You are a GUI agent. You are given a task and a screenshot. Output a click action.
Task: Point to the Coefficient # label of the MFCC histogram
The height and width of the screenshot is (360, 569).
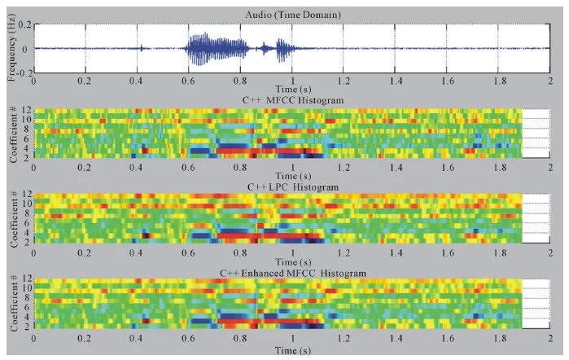pyautogui.click(x=12, y=134)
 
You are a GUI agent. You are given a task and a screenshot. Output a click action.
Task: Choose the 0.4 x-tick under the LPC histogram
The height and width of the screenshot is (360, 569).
pyautogui.click(x=138, y=252)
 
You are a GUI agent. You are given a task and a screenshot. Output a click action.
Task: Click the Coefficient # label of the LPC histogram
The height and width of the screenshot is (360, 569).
pyautogui.click(x=12, y=219)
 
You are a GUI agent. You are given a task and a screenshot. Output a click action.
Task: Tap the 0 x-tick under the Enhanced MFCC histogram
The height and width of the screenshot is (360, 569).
pyautogui.click(x=34, y=338)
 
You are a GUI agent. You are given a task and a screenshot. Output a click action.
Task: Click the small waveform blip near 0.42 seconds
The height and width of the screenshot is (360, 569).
pyautogui.click(x=142, y=48)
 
